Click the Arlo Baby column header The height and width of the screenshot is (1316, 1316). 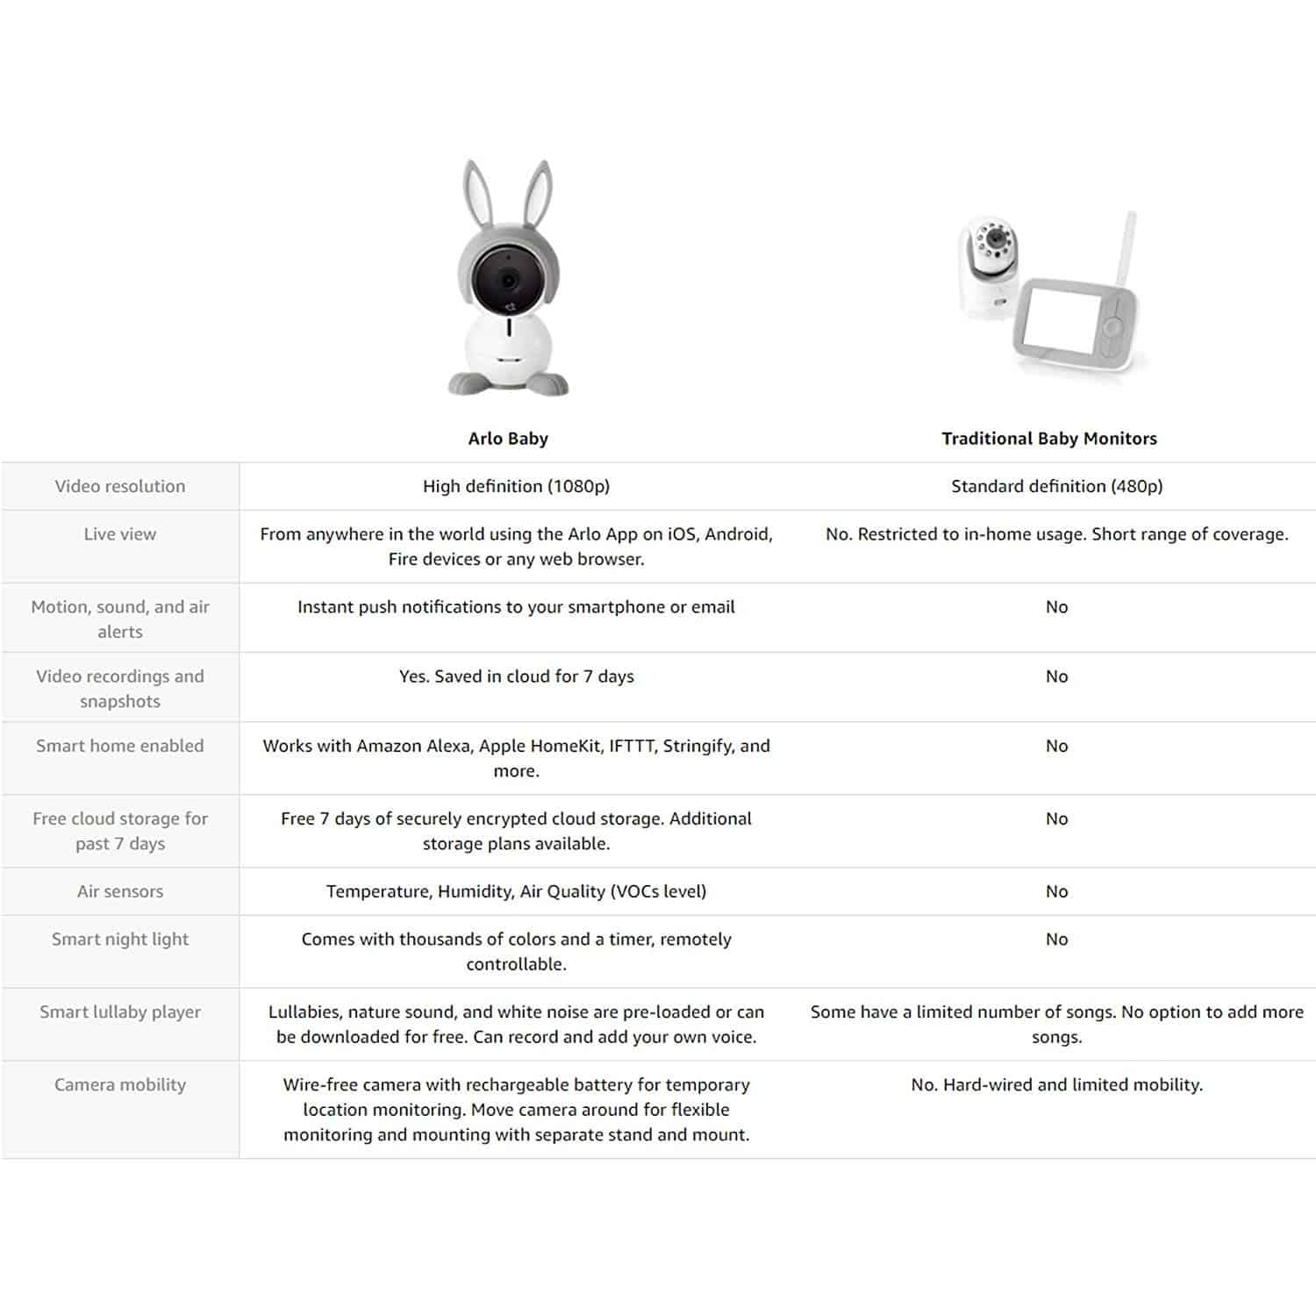[508, 439]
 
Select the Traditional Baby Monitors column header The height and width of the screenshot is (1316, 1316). [1048, 439]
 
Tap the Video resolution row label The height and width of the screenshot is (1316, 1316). [120, 486]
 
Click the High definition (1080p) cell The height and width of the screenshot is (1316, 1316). [516, 486]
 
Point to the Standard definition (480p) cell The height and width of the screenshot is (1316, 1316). [1056, 486]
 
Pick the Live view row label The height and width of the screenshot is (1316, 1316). [120, 534]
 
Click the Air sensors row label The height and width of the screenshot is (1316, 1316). [120, 891]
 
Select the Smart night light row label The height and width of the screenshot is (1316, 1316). [120, 939]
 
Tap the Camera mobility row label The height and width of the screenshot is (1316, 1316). [120, 1084]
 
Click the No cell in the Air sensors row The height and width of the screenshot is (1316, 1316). [1056, 891]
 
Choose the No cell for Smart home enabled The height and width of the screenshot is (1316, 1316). [1056, 746]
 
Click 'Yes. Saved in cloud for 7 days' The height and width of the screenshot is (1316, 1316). [516, 676]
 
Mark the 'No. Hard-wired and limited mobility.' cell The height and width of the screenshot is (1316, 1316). [1056, 1084]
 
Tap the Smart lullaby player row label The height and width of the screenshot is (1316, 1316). [120, 1012]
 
